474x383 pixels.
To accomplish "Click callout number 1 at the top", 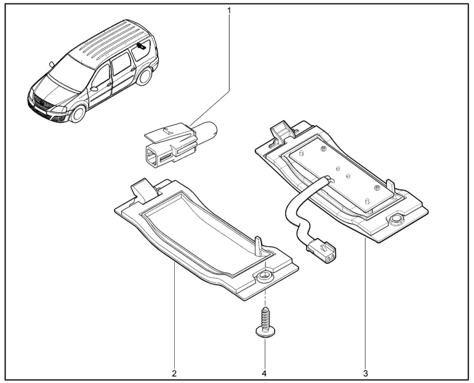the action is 229,11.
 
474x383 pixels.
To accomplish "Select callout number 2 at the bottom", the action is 174,373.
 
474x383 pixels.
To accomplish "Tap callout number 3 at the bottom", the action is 366,373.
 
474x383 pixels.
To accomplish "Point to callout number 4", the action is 264,373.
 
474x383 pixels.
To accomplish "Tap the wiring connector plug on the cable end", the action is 321,249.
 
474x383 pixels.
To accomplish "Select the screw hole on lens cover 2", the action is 265,276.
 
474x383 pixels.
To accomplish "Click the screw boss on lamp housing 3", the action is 395,220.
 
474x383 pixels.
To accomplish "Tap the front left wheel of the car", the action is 78,113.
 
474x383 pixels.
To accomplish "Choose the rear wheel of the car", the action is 144,76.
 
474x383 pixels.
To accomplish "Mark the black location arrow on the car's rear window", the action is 141,46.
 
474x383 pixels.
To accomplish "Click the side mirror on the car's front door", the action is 94,89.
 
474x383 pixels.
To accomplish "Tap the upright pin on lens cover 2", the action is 259,246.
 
